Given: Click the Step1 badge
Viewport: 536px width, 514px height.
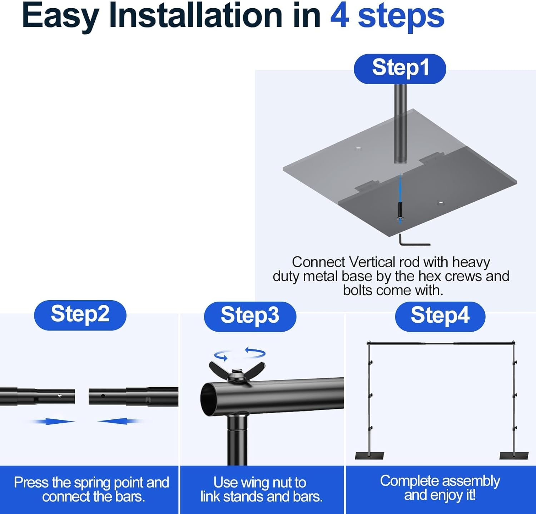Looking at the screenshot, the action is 400,69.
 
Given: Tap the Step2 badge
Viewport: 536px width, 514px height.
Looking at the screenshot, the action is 80,315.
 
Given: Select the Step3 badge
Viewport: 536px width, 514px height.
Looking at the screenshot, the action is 250,317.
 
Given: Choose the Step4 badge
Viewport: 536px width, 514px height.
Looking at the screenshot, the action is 440,317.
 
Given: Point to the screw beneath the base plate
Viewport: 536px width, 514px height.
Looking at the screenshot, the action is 400,212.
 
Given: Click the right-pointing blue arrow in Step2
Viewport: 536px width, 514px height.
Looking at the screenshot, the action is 54,422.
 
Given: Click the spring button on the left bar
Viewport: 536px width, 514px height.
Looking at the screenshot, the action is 60,396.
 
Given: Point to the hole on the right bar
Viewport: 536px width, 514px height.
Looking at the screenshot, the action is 103,396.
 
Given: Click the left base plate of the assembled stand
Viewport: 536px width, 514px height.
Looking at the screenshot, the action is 369,455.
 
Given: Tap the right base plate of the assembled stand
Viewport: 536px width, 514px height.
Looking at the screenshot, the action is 514,455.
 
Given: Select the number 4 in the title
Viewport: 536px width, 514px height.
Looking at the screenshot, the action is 339,15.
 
